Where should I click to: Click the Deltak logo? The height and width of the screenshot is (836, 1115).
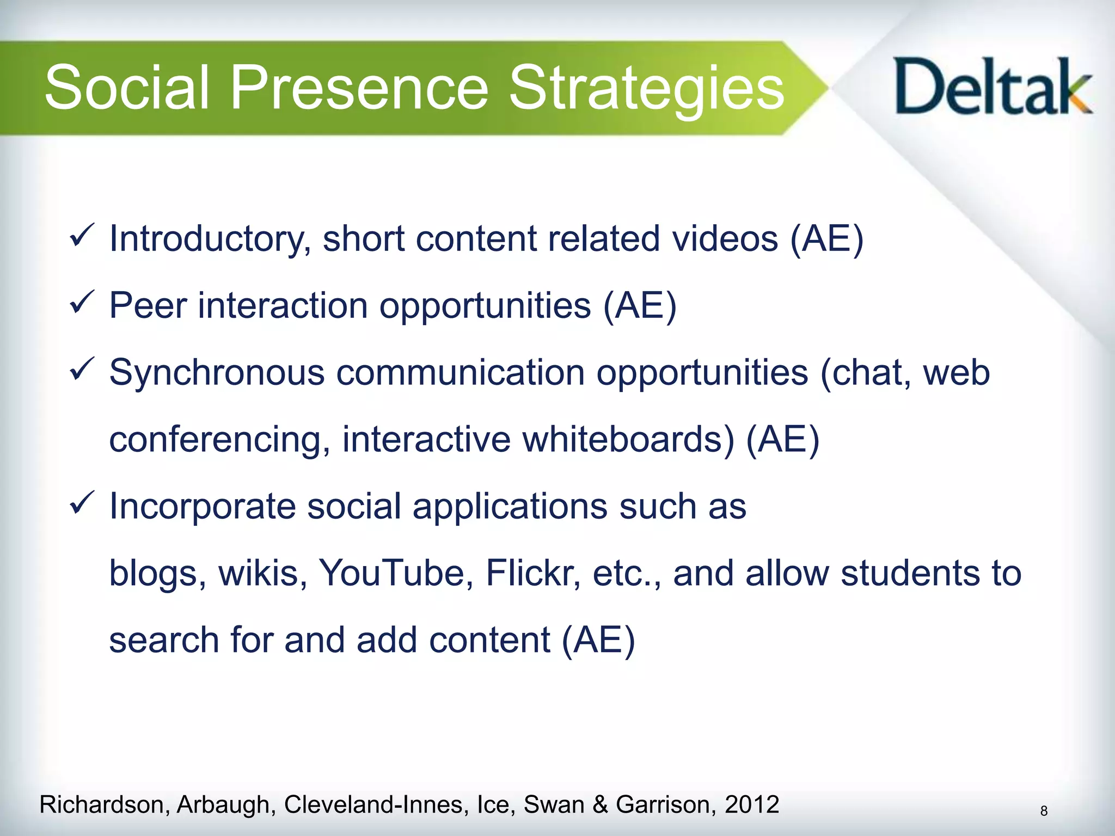993,87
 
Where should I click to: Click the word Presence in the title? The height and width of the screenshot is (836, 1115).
359,87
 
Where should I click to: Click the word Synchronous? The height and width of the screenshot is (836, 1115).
217,373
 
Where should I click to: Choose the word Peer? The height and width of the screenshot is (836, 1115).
148,306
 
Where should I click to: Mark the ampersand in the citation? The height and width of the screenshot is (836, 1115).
600,804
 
